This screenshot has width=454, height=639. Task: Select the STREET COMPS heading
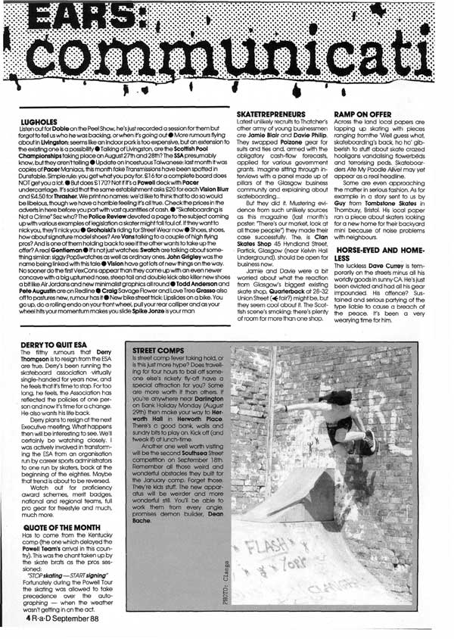coord(158,351)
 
